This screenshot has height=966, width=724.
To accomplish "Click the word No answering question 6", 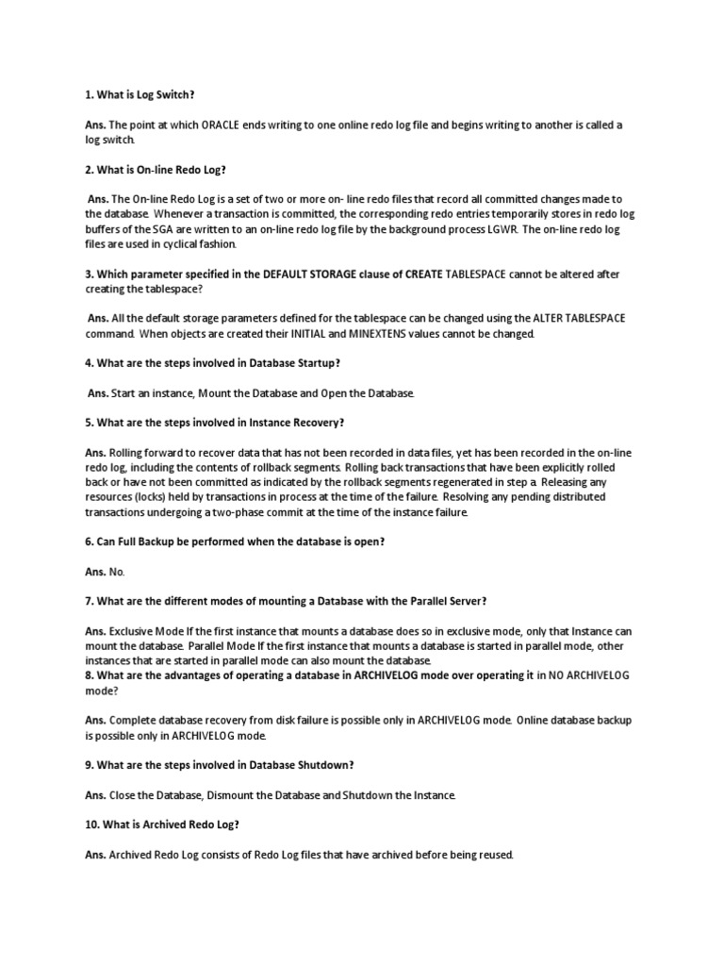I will click(x=118, y=572).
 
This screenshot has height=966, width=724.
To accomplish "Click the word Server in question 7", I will click(x=465, y=601).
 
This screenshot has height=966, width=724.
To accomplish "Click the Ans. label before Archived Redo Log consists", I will click(x=95, y=856).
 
